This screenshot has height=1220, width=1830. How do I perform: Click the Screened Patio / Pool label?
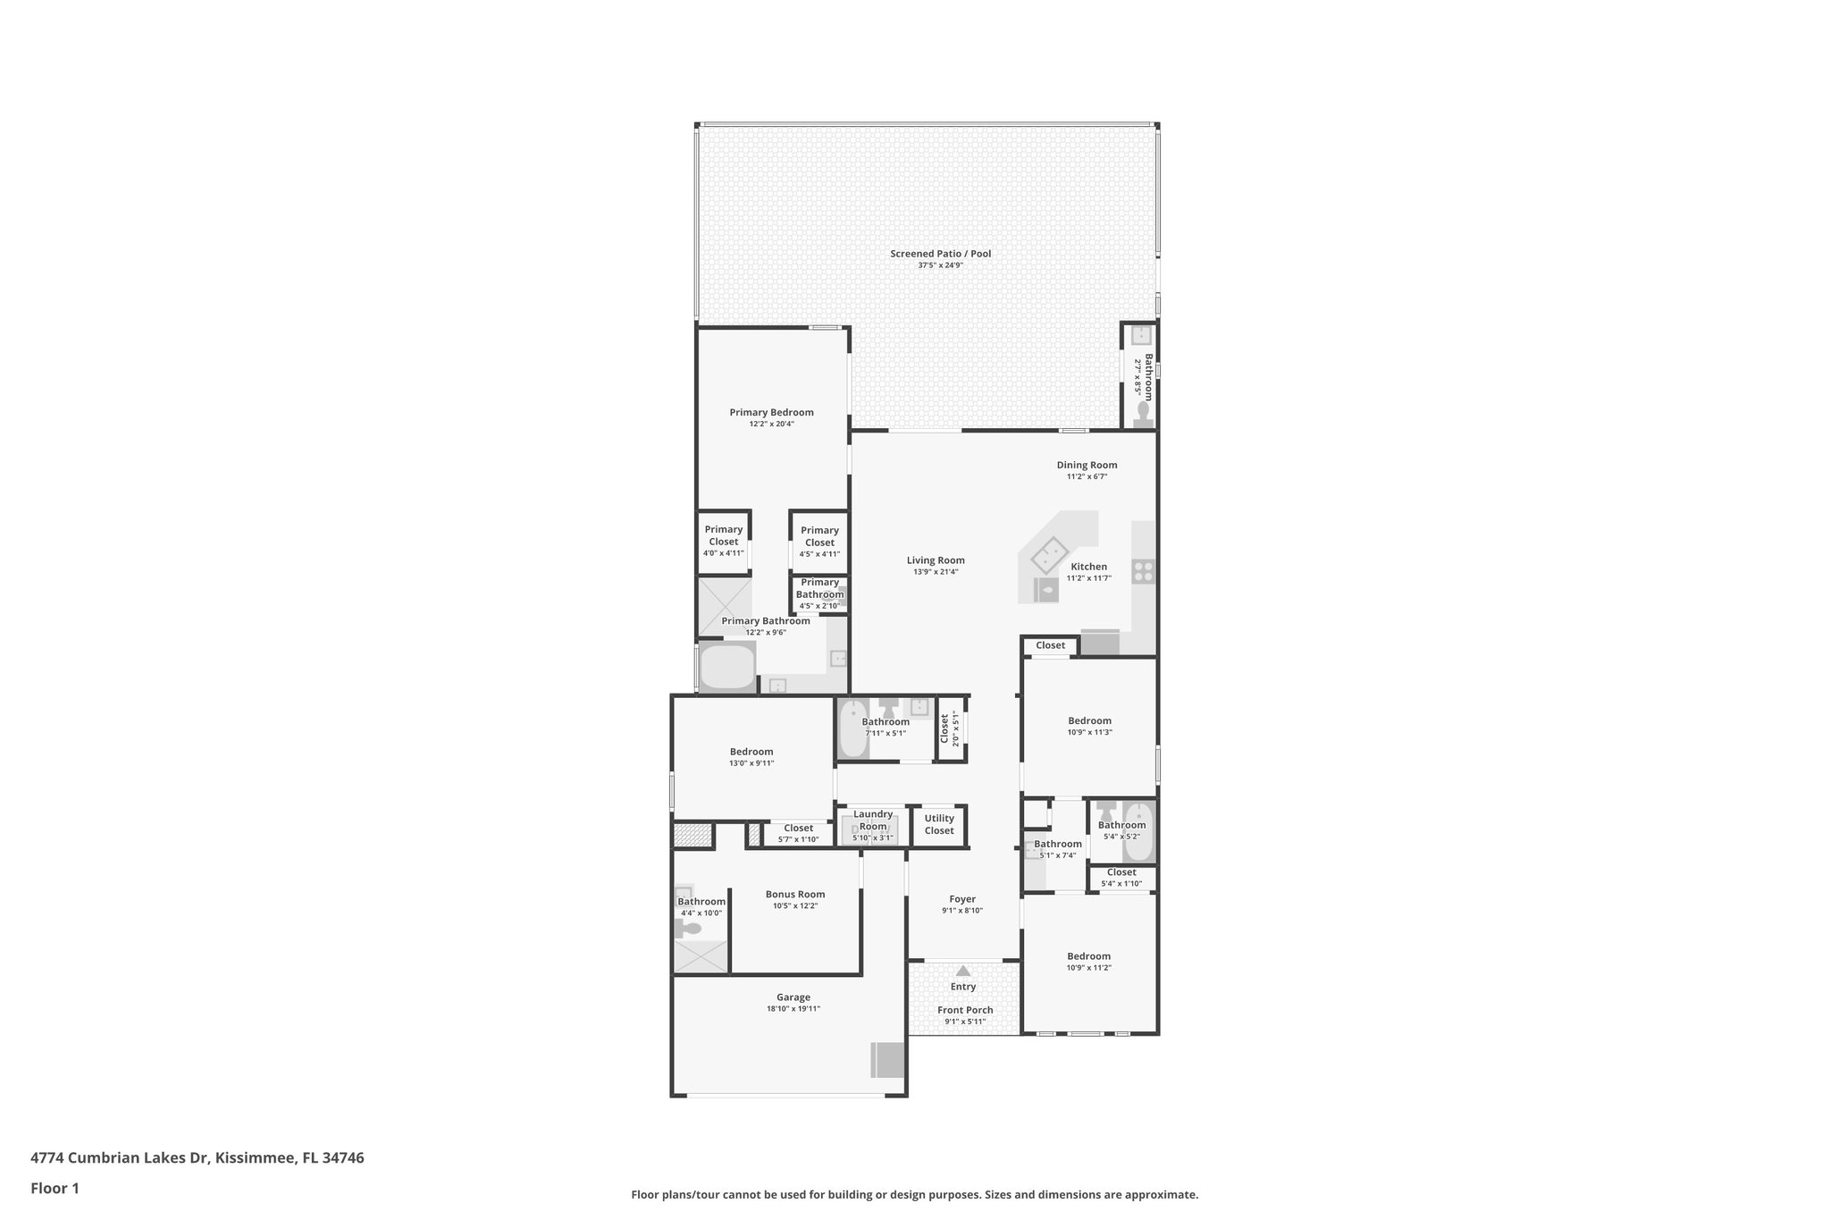click(940, 254)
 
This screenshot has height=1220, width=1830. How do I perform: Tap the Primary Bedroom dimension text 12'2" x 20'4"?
click(771, 425)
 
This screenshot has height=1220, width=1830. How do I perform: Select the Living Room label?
click(936, 560)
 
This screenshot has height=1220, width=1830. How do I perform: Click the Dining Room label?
click(1087, 465)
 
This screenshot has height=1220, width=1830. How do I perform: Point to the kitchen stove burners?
click(1143, 572)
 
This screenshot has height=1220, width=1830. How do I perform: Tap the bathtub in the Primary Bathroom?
click(726, 668)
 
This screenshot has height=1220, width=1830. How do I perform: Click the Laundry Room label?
click(872, 820)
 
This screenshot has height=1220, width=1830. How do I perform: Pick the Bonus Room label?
click(794, 894)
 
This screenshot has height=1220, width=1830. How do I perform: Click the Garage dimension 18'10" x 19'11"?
click(793, 1009)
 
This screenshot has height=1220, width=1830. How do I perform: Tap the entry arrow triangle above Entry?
click(962, 971)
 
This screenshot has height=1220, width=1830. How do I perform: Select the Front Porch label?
click(965, 1010)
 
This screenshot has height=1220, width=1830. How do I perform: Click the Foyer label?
click(962, 899)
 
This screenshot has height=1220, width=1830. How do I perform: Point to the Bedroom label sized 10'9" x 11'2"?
click(1088, 955)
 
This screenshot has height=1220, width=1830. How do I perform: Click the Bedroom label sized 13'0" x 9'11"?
click(751, 752)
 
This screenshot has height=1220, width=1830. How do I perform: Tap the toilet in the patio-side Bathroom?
click(1143, 412)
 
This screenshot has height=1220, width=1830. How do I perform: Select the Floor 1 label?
click(55, 1188)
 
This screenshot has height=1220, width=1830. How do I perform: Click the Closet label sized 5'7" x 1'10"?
click(798, 828)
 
